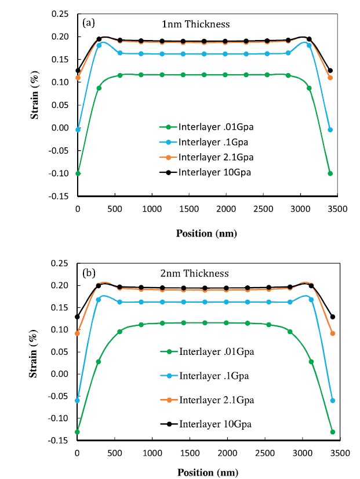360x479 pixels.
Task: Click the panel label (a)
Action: (x=89, y=23)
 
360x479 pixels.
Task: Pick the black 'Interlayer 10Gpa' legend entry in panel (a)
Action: (x=209, y=172)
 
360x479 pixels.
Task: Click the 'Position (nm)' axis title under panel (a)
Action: (x=206, y=233)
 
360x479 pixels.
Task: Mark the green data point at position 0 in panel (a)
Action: (x=78, y=173)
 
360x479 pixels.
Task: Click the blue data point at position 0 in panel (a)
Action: (x=78, y=129)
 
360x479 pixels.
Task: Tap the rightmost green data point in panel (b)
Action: (x=333, y=432)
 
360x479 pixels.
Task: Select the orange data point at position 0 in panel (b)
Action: (x=77, y=333)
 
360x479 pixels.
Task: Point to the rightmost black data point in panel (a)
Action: (x=330, y=71)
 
